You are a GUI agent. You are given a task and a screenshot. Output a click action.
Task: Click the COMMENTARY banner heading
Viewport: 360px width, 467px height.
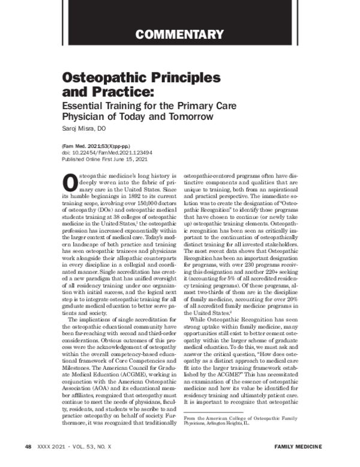click(179, 34)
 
